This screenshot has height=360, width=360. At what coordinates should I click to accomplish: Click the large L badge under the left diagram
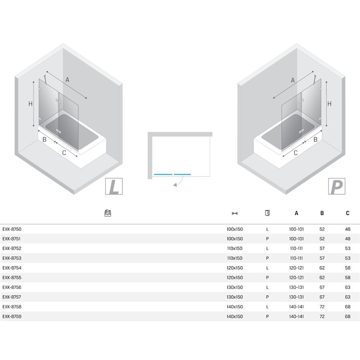(114, 186)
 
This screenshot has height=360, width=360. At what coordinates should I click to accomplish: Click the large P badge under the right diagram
(337, 186)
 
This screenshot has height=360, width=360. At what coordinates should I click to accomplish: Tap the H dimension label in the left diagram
(31, 104)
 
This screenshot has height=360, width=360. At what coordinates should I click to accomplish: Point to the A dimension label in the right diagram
(293, 80)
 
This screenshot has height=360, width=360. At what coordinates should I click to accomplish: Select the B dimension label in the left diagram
(45, 139)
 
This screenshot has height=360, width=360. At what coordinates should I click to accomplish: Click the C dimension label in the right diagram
(296, 153)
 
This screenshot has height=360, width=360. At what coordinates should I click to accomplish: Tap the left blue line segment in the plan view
(163, 175)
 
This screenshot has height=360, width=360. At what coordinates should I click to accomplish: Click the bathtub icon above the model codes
(108, 213)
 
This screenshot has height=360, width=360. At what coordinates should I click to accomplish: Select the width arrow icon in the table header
(234, 213)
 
